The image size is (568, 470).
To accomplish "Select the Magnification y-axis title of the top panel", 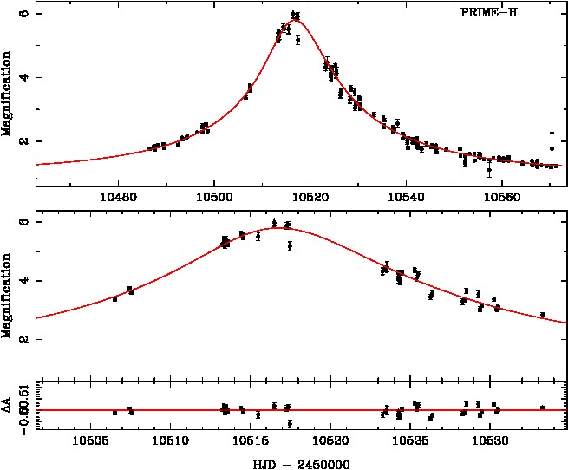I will click(7, 94).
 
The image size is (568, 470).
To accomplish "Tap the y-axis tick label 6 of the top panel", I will click(25, 14).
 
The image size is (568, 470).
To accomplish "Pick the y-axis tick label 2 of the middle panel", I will click(25, 339).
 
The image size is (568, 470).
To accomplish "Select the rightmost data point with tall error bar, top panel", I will click(552, 148).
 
